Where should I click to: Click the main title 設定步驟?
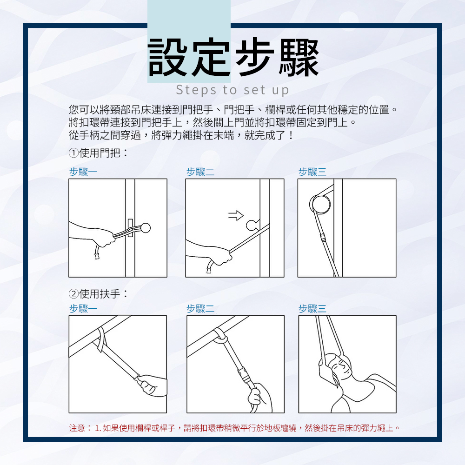tap(233, 58)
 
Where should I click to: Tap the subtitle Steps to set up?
tap(232, 89)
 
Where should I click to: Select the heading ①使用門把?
tap(98, 152)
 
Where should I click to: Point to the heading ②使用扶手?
tap(98, 294)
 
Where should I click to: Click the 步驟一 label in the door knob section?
tap(83, 172)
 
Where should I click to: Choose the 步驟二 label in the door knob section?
tap(200, 172)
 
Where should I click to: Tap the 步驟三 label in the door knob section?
tap(312, 172)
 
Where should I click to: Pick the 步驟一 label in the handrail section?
tap(83, 309)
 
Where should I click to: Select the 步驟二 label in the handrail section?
tap(200, 309)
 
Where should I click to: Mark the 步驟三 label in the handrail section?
tap(312, 309)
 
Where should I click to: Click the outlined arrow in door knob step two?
tap(236, 214)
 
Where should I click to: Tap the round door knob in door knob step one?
tap(146, 228)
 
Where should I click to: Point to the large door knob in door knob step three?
tap(321, 203)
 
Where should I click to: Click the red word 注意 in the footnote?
tap(77, 427)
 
